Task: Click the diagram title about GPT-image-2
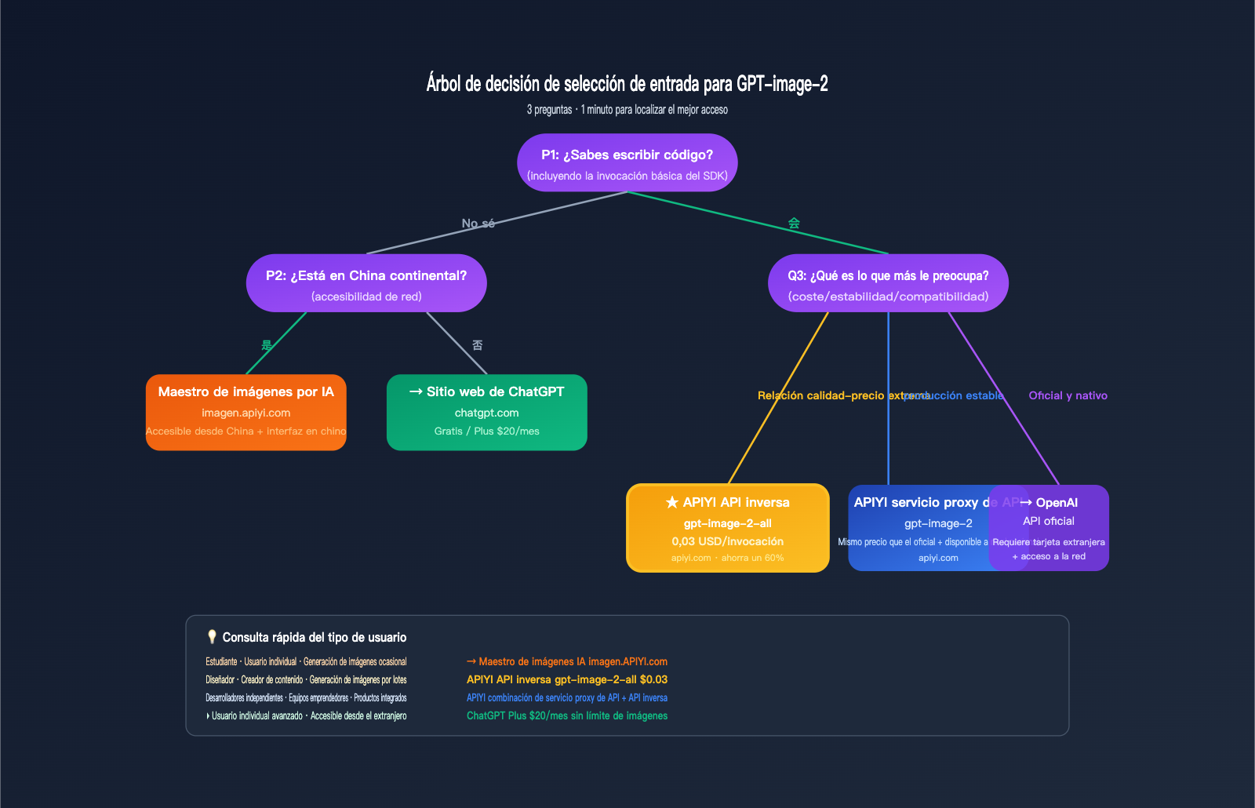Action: (x=627, y=83)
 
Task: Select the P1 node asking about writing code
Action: (x=627, y=162)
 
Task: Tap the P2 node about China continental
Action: (x=366, y=283)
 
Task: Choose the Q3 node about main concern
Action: (x=888, y=283)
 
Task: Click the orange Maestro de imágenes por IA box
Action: (x=246, y=412)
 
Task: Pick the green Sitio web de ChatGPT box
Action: (x=486, y=412)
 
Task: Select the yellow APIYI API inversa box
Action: (x=727, y=528)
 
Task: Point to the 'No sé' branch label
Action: (x=478, y=224)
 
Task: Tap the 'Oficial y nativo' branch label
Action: (x=1068, y=395)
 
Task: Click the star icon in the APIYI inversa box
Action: (x=672, y=502)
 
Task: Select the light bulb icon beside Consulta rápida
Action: (x=212, y=636)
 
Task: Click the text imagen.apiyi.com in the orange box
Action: (x=246, y=413)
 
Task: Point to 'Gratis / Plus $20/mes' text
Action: (x=486, y=431)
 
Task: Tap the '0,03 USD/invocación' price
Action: (x=727, y=541)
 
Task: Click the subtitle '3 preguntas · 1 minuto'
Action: (x=627, y=110)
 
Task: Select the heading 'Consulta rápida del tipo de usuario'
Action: (x=314, y=637)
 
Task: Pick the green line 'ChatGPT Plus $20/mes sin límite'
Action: (x=566, y=715)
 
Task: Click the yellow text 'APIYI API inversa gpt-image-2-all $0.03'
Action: (x=566, y=679)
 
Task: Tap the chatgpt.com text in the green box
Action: (x=486, y=413)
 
